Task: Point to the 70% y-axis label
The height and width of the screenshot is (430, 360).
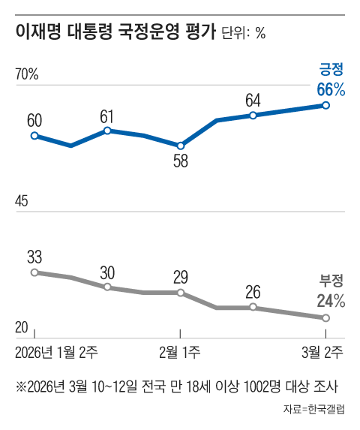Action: point(27,74)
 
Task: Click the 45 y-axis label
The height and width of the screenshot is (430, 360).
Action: point(22,201)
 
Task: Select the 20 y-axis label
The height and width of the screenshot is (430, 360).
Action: point(22,327)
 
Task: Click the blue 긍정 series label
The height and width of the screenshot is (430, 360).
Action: point(331,71)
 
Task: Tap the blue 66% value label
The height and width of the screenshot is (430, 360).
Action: point(330,89)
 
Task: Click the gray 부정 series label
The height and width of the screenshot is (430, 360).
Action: point(331,282)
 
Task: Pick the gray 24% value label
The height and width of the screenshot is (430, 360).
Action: point(330,301)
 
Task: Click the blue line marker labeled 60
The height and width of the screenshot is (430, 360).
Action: point(34,136)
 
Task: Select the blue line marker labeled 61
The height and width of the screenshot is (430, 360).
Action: point(107,131)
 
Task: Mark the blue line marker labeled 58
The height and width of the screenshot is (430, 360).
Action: point(180,146)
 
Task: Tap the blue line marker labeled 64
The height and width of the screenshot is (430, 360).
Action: point(253,116)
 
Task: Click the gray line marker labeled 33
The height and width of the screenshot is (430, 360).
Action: point(34,272)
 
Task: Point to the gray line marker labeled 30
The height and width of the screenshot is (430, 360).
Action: point(107,287)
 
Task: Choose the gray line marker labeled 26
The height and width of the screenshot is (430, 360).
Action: point(253,308)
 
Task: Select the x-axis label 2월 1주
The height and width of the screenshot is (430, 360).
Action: point(180,350)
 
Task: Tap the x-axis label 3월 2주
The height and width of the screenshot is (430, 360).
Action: point(323,350)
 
